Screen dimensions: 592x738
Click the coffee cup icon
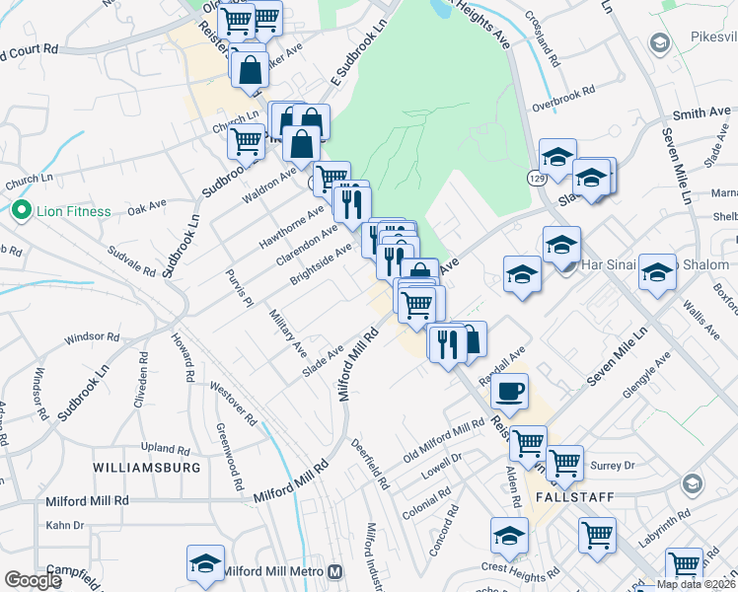point(509,391)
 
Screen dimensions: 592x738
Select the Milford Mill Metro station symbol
point(335,571)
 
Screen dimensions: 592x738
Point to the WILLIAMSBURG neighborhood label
point(147,467)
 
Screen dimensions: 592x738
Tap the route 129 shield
point(536,179)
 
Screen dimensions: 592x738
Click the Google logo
point(33,580)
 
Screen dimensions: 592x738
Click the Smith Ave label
point(701,114)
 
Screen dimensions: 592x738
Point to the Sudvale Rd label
point(132,259)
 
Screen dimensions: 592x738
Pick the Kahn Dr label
point(65,525)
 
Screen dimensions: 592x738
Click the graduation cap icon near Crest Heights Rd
point(509,537)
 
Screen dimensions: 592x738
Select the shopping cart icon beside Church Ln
point(245,141)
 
